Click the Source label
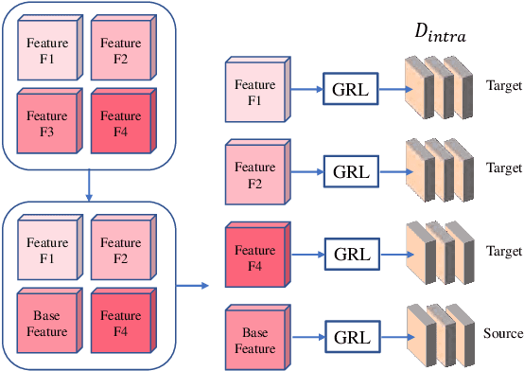coord(502,333)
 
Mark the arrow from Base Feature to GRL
coord(304,336)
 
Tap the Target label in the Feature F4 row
coord(503,252)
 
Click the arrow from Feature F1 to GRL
coord(304,91)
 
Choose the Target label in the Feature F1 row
coord(503,84)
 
